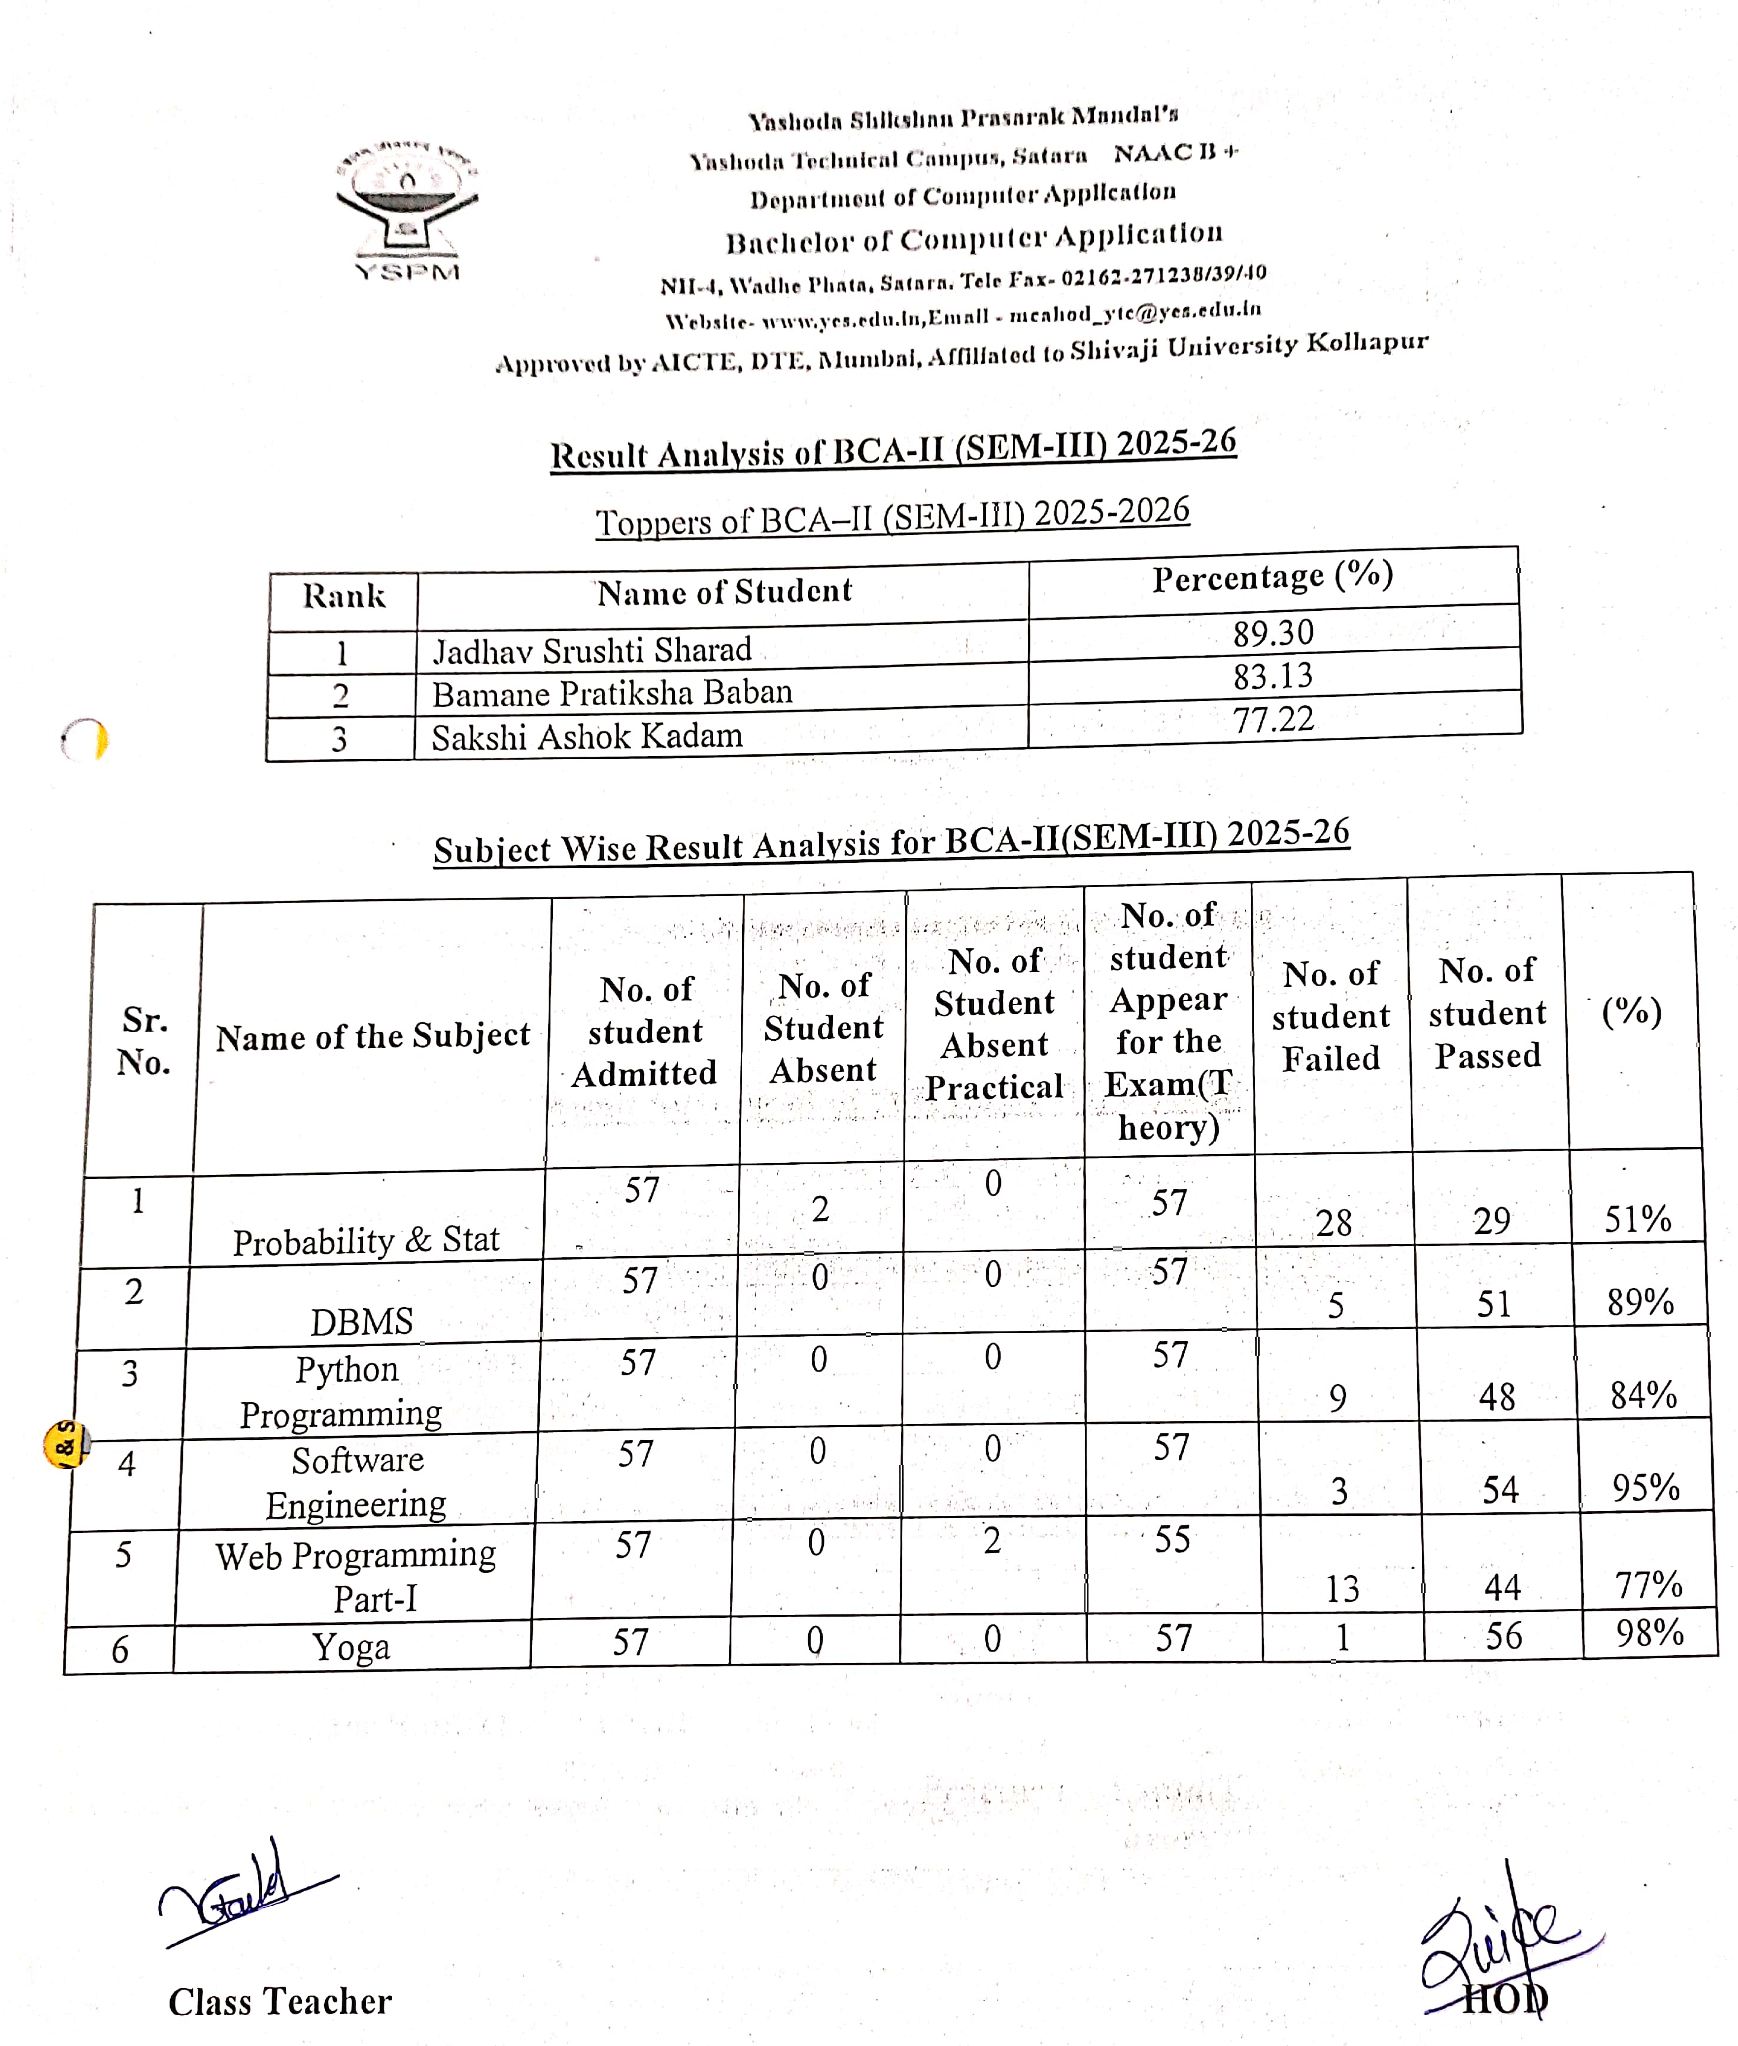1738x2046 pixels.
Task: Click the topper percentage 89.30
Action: pyautogui.click(x=1273, y=632)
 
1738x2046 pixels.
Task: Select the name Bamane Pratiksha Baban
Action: pyautogui.click(x=612, y=693)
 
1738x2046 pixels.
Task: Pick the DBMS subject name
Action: pyautogui.click(x=362, y=1321)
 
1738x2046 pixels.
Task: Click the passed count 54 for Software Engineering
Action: pyautogui.click(x=1500, y=1490)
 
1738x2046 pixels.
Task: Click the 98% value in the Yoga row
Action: pyautogui.click(x=1648, y=1632)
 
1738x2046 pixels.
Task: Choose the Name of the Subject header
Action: pyautogui.click(x=373, y=1036)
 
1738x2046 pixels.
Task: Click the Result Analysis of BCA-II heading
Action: pyautogui.click(x=893, y=451)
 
